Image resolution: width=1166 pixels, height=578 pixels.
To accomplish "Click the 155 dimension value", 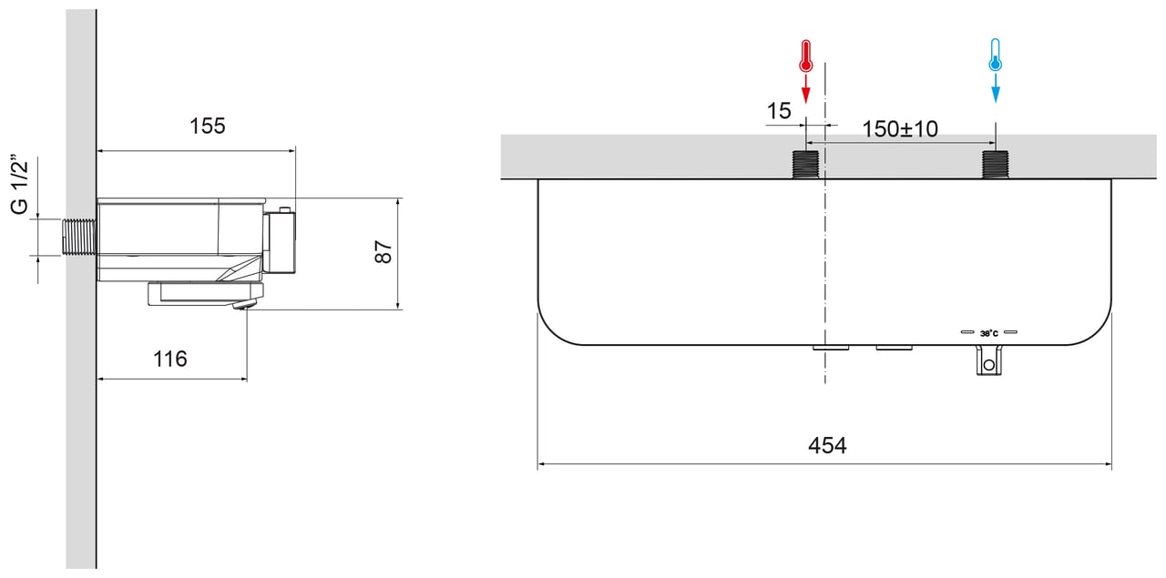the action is [207, 126].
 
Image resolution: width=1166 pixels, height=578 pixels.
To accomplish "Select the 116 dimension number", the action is [169, 359].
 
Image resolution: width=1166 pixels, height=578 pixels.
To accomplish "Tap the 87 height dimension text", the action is [384, 251].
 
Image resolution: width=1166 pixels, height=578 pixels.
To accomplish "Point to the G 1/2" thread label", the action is [20, 184].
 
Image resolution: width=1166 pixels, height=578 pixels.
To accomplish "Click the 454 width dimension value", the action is [827, 445].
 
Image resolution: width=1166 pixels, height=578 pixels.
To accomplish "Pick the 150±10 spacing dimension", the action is [900, 129].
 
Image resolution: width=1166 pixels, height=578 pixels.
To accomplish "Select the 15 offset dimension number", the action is [779, 111].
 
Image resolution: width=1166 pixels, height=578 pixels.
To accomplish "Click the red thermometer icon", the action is [806, 56].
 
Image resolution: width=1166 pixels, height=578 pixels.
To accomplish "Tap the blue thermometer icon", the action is [996, 55].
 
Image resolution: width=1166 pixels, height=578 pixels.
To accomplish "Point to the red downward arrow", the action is [806, 88].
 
